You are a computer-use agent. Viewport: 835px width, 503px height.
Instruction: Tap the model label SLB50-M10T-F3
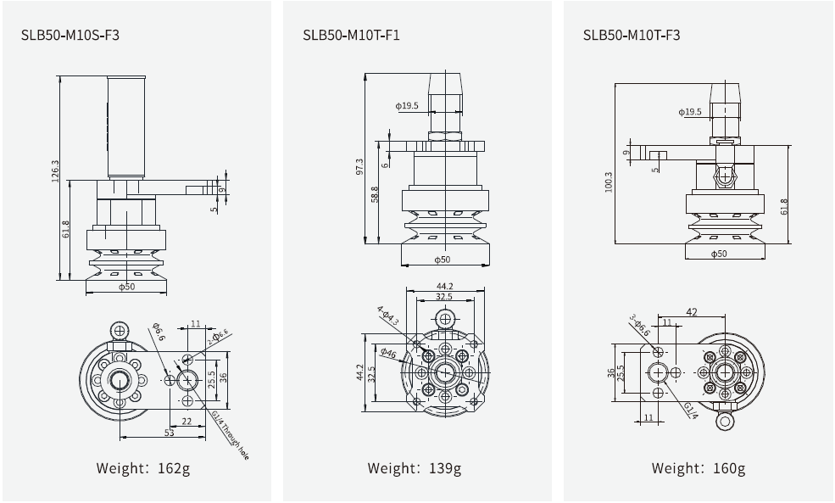coord(632,36)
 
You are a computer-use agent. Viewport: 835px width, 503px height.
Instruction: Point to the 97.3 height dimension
coord(359,166)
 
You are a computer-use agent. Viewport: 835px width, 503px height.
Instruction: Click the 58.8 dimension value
coord(375,194)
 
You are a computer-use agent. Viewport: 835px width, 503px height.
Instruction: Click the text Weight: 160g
coord(698,467)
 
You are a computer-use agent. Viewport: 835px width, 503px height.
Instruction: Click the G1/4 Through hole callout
coord(230,434)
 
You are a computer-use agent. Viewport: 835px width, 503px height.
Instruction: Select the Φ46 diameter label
coord(388,353)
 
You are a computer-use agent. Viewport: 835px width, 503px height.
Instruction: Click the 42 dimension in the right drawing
coord(692,312)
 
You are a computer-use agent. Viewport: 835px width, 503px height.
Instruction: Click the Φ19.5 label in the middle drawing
coord(406,105)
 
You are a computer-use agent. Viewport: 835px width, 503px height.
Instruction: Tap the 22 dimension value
coord(186,421)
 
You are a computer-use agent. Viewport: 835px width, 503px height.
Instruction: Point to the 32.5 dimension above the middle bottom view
coord(443,297)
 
